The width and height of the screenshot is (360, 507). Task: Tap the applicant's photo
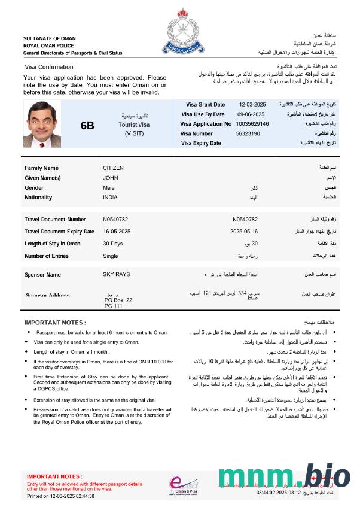tap(43, 124)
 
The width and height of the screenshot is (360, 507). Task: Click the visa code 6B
tap(87, 125)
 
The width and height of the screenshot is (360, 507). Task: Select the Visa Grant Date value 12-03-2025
tap(252, 105)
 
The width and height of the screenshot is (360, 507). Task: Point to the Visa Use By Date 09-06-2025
tap(251, 114)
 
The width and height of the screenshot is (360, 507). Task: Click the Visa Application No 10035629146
tap(252, 124)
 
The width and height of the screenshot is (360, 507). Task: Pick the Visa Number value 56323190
tap(248, 133)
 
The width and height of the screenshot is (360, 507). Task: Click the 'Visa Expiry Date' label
tap(201, 143)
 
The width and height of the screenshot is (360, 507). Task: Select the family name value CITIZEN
tap(114, 168)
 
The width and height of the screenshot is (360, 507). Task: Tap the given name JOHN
tap(111, 178)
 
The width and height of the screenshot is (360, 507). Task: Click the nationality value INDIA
tap(110, 197)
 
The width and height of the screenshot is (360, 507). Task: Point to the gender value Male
tap(109, 187)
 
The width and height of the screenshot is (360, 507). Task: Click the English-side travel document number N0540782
tap(115, 220)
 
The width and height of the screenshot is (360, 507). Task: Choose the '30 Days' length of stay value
tap(112, 244)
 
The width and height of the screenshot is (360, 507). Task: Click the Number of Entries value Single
tap(111, 256)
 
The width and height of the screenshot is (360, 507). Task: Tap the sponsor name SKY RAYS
tap(116, 275)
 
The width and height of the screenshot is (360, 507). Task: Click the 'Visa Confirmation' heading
tap(49, 67)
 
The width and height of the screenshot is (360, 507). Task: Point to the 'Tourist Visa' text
tap(134, 125)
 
